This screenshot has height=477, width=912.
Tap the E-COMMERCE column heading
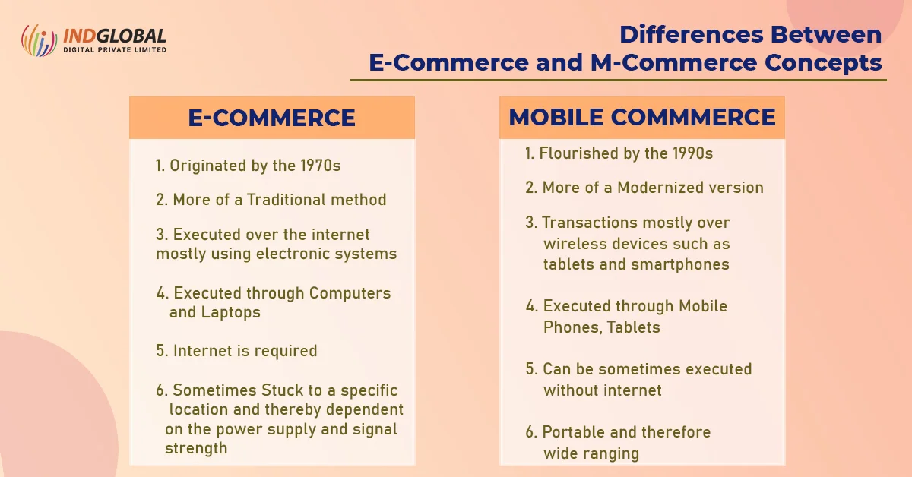271,118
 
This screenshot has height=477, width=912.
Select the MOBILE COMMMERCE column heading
642,117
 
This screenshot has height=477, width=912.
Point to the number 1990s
689,153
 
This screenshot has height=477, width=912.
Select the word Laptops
231,312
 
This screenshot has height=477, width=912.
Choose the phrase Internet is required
245,351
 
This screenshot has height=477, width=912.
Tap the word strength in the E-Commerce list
196,448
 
